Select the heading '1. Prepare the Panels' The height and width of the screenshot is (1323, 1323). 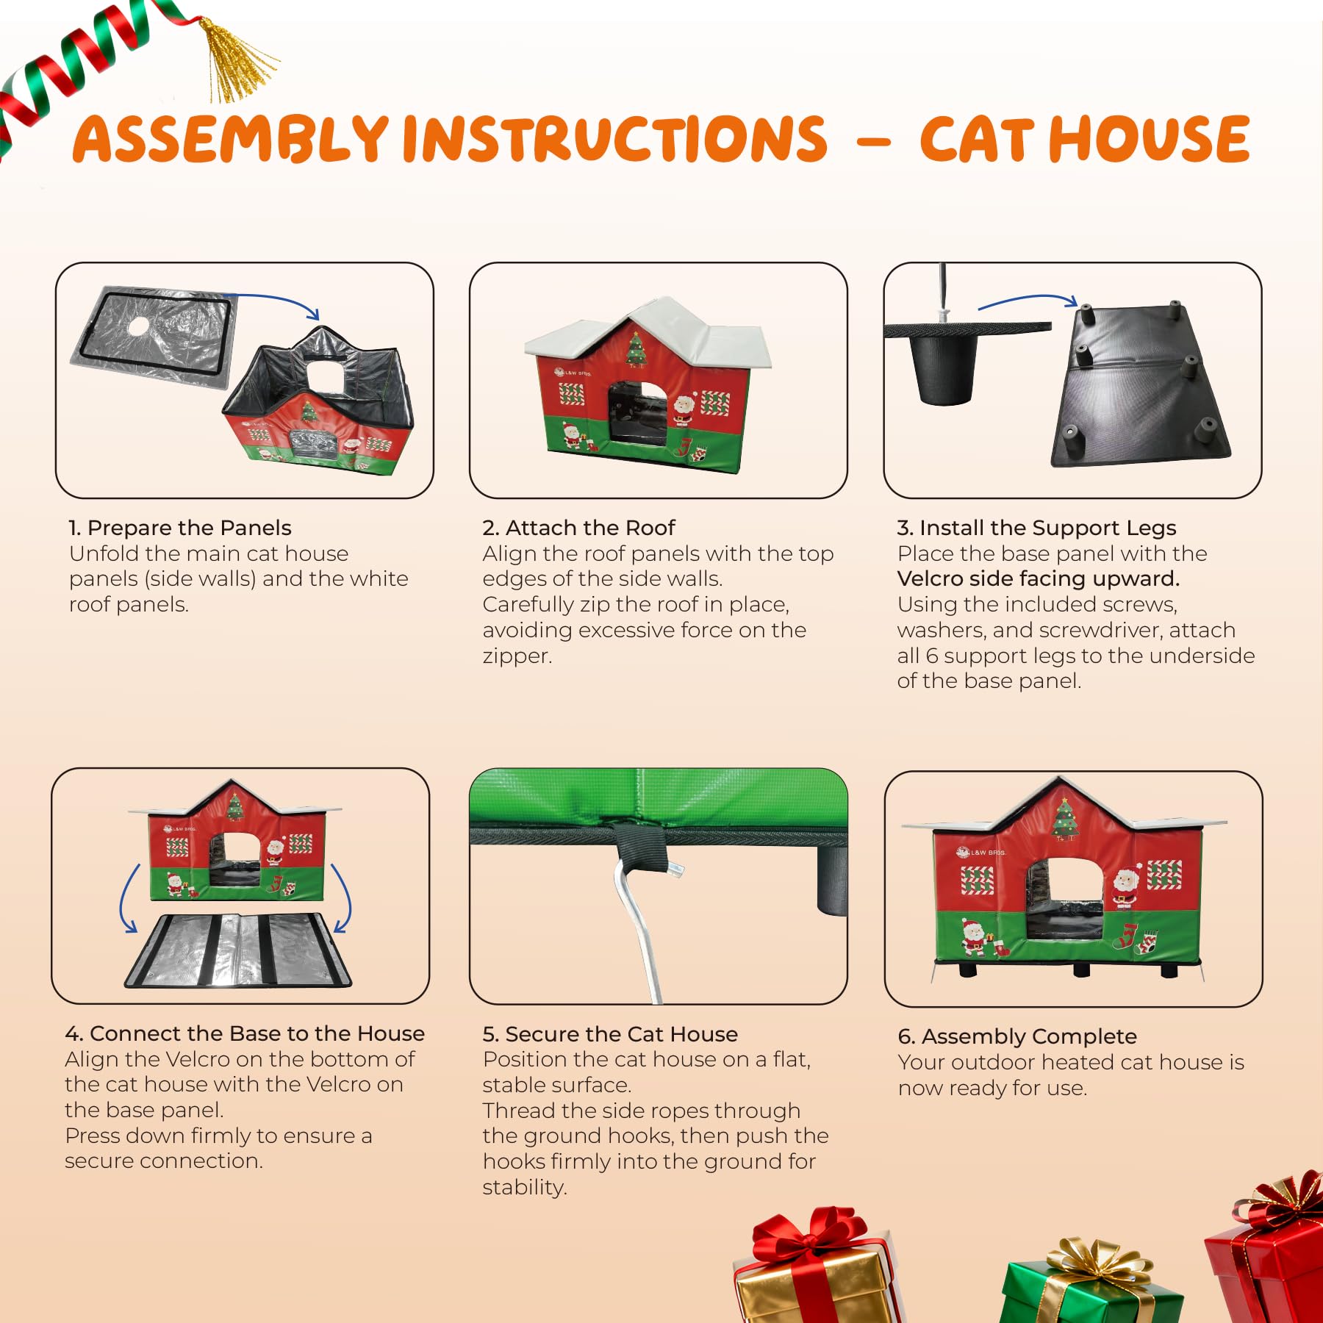click(x=180, y=528)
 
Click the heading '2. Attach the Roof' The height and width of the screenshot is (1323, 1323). click(x=578, y=528)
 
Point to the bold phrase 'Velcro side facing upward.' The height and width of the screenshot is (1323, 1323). click(x=1038, y=579)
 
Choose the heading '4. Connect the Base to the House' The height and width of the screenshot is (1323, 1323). click(x=245, y=1033)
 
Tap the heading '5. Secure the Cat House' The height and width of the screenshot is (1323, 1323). click(x=610, y=1034)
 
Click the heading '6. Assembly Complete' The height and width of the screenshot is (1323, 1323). click(x=1017, y=1036)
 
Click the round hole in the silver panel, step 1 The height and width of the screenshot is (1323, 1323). click(x=137, y=326)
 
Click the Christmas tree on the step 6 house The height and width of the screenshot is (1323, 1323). click(x=1065, y=820)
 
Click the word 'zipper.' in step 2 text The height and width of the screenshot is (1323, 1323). click(x=517, y=656)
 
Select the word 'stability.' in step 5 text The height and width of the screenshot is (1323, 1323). click(x=525, y=1187)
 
